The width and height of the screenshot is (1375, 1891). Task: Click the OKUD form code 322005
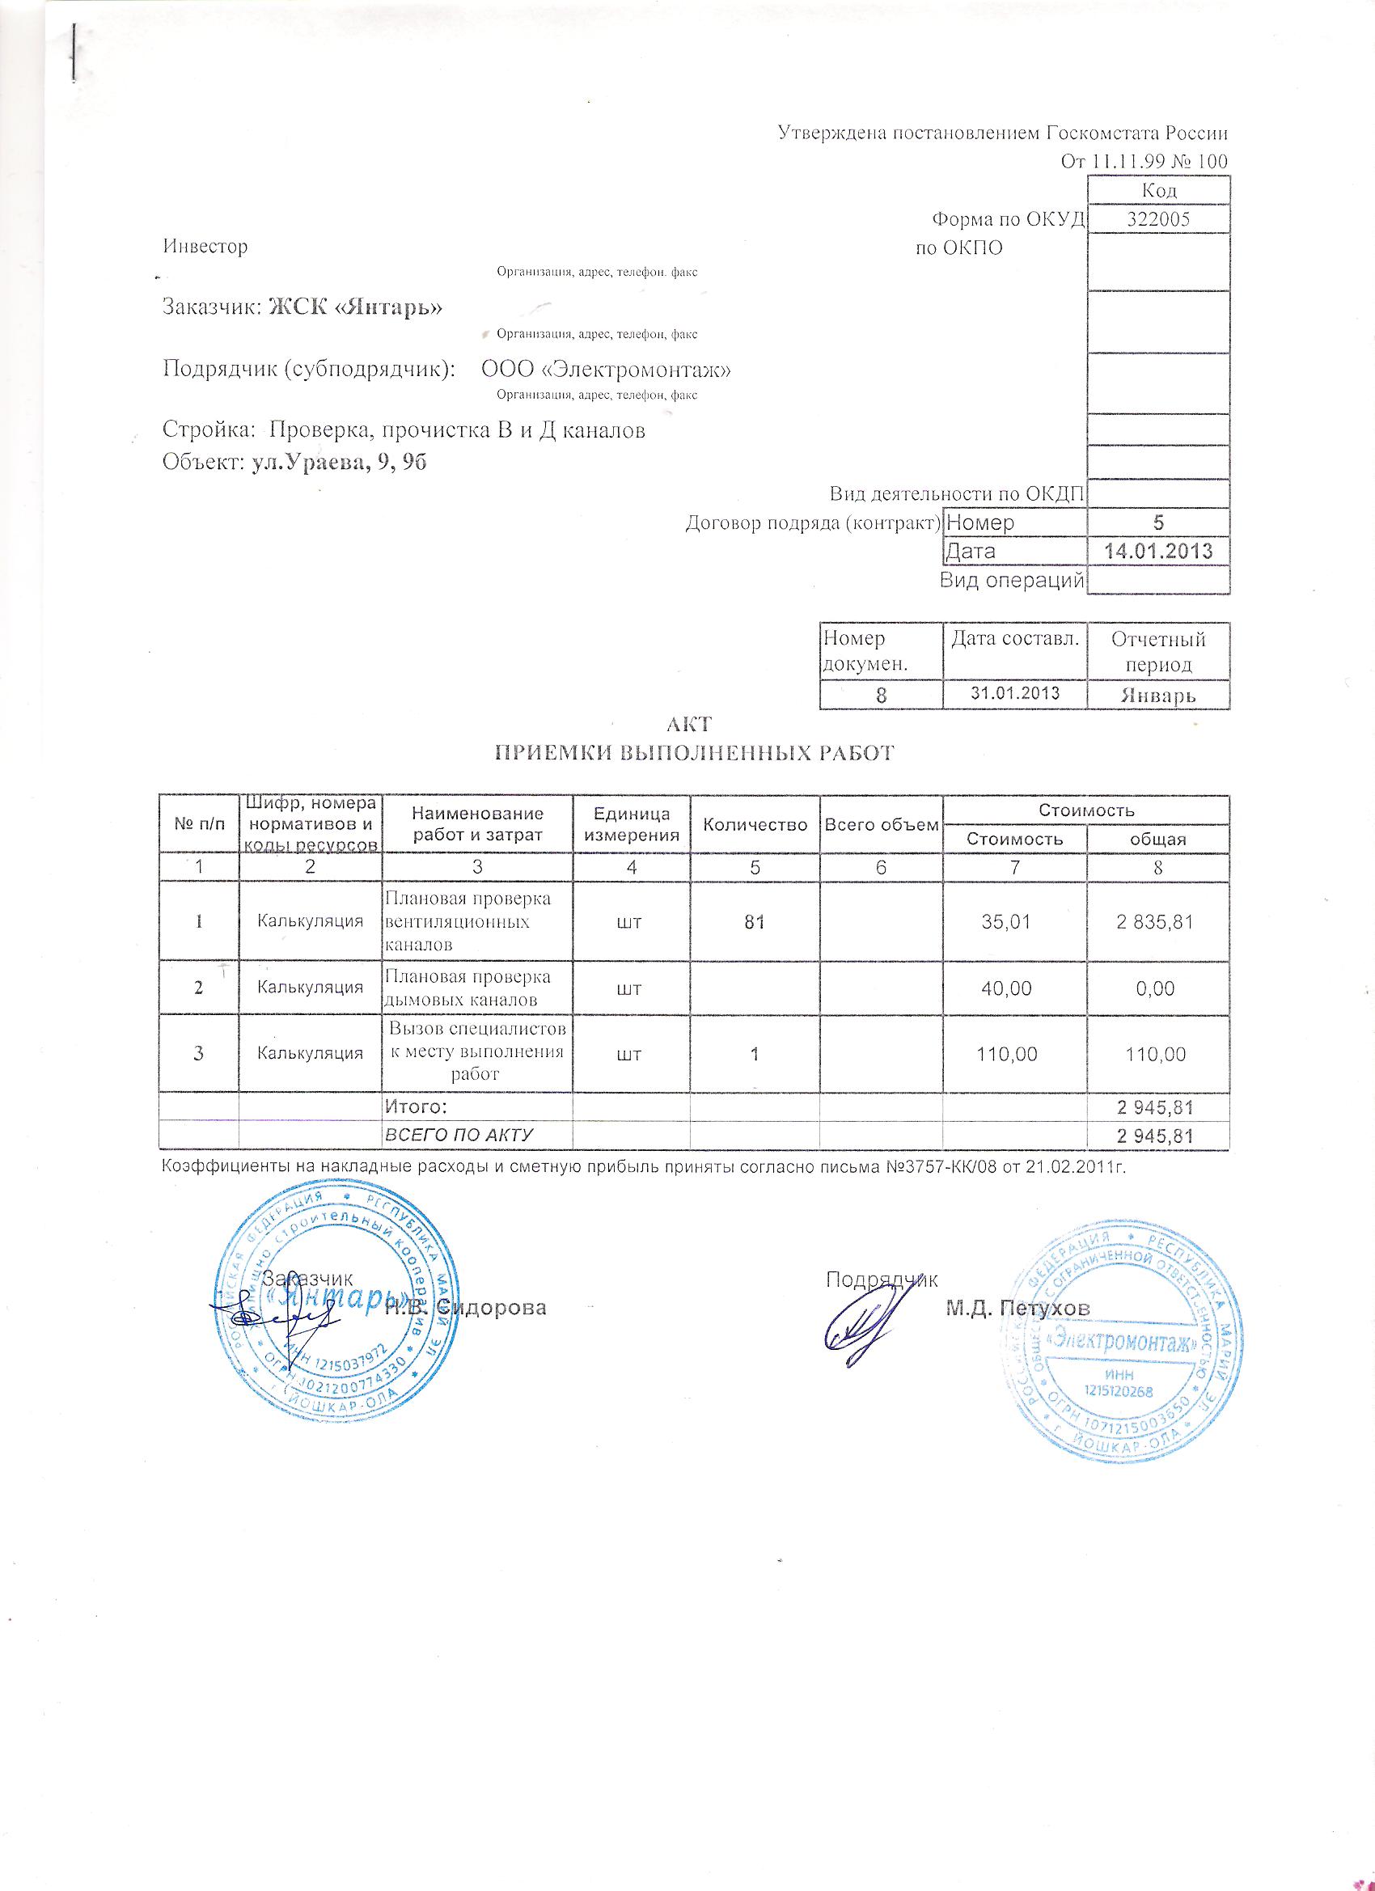(1157, 219)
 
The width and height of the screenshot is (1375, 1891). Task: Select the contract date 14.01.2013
(1157, 551)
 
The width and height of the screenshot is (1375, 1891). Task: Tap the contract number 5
(1158, 522)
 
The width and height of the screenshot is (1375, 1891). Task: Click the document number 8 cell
(881, 695)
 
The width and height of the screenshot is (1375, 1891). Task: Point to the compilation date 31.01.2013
(1015, 693)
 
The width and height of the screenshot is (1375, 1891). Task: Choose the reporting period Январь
(1158, 695)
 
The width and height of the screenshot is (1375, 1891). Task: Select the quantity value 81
(755, 922)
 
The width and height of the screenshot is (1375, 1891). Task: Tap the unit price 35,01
(1014, 922)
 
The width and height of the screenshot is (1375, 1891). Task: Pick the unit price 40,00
(1014, 989)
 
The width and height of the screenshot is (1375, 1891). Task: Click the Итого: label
(415, 1106)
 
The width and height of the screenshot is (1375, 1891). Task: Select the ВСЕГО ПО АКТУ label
(458, 1135)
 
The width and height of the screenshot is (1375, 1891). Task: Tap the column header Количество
(755, 825)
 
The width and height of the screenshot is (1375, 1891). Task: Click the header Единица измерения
(631, 825)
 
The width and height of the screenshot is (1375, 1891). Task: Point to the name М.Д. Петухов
(1017, 1308)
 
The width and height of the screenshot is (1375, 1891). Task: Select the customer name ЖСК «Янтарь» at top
(355, 307)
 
